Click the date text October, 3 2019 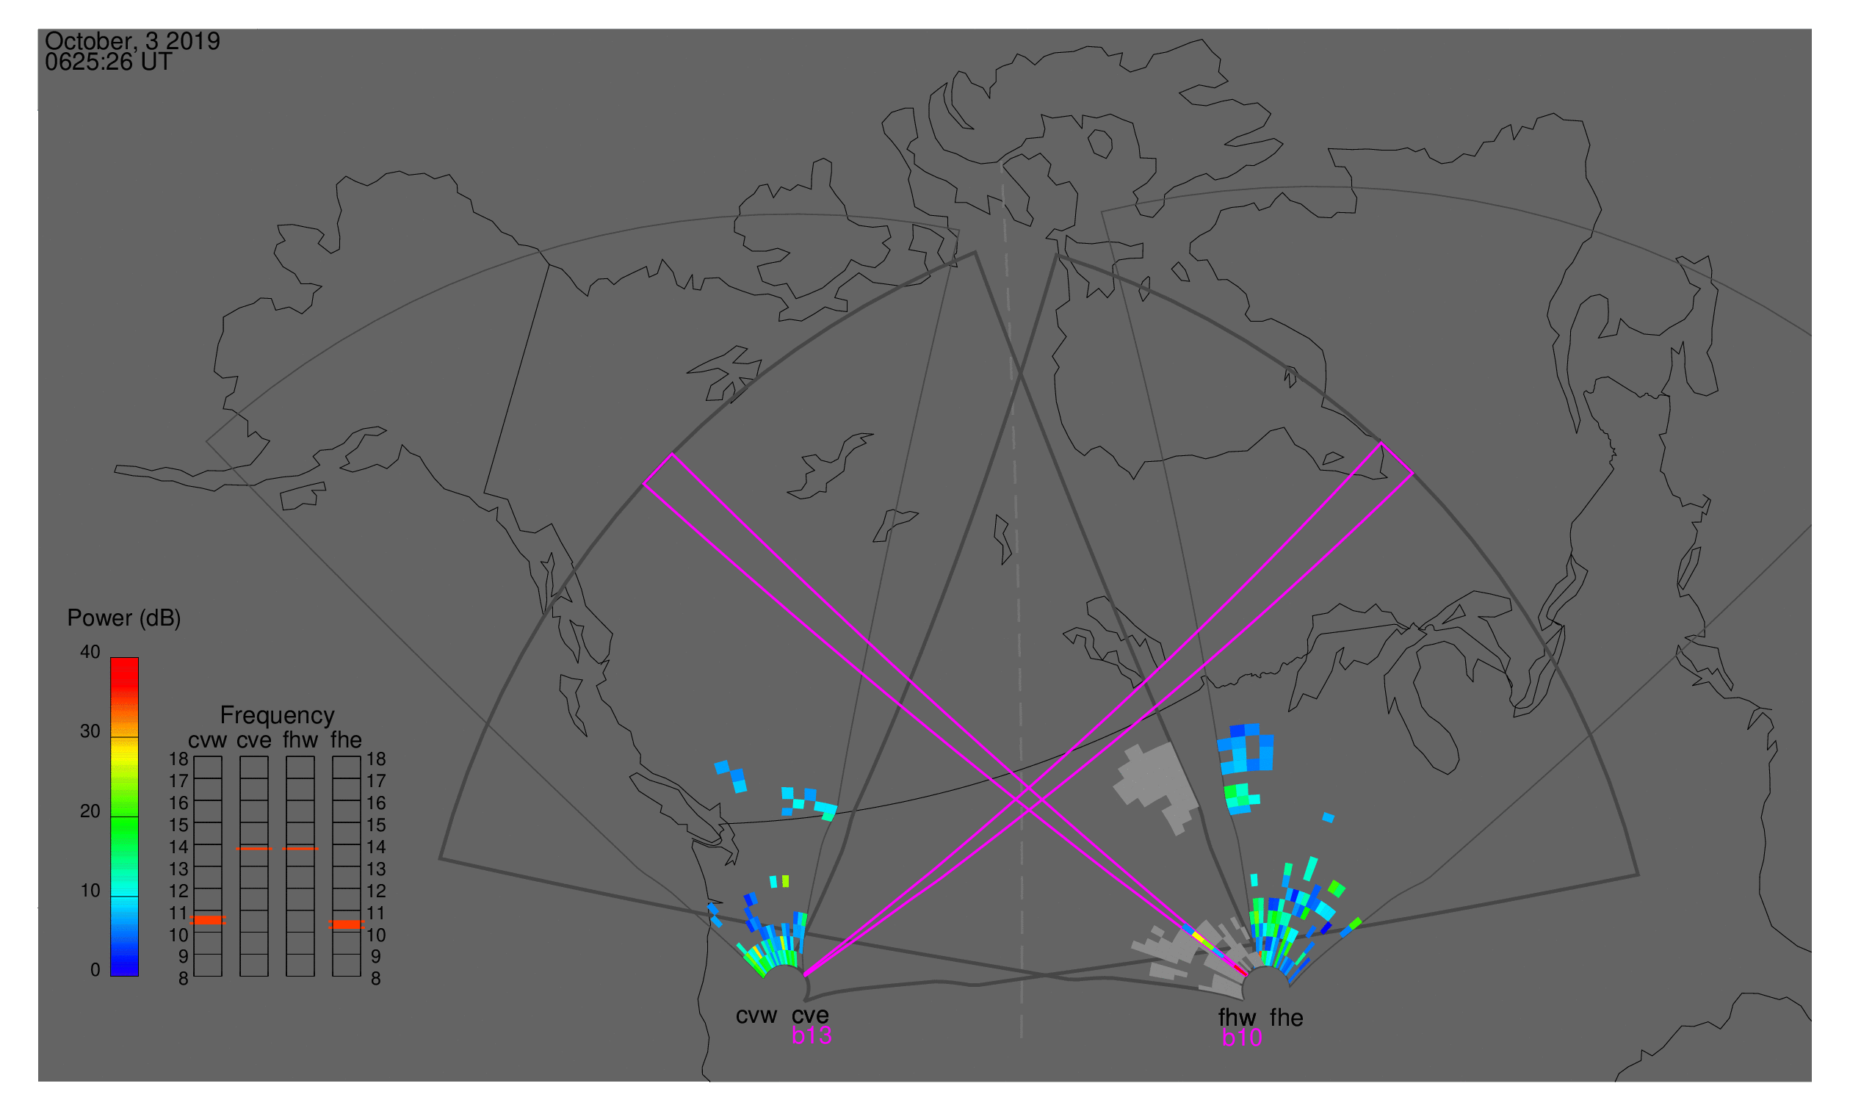132,41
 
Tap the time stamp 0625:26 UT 109,62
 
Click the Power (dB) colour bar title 124,619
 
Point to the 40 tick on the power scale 90,652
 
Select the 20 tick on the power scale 90,811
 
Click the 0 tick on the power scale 95,971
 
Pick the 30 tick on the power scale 90,732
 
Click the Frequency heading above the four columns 278,717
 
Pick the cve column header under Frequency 253,741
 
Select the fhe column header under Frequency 346,741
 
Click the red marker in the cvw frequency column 208,921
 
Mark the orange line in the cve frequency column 253,850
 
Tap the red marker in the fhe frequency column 346,925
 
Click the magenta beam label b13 812,1036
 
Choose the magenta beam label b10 1242,1038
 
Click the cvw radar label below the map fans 756,1016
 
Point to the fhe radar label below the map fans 1287,1018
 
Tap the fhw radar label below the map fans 1237,1018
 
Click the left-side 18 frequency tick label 179,759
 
